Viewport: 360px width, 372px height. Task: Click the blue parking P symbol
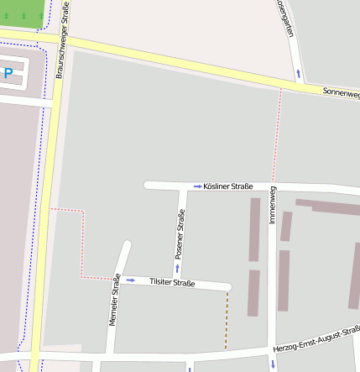click(8, 74)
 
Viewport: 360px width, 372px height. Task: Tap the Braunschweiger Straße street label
click(62, 40)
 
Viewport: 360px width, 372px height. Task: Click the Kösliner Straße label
click(228, 186)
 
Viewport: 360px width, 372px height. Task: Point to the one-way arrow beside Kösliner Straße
click(197, 186)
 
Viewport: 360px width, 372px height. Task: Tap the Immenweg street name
click(273, 204)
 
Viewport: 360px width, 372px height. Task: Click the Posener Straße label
click(180, 233)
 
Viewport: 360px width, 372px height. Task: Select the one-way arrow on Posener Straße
click(177, 268)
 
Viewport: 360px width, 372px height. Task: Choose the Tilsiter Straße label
click(171, 283)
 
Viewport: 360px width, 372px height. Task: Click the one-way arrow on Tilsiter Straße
click(131, 280)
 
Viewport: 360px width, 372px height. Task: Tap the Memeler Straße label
click(114, 300)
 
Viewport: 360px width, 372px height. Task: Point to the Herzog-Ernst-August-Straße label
click(317, 338)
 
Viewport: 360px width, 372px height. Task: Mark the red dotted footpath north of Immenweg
click(277, 134)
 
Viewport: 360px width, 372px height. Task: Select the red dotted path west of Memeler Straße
click(82, 244)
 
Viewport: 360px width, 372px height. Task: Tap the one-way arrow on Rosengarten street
click(298, 74)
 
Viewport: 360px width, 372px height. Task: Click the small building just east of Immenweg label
click(286, 226)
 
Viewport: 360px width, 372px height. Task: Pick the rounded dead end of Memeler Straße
click(128, 245)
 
